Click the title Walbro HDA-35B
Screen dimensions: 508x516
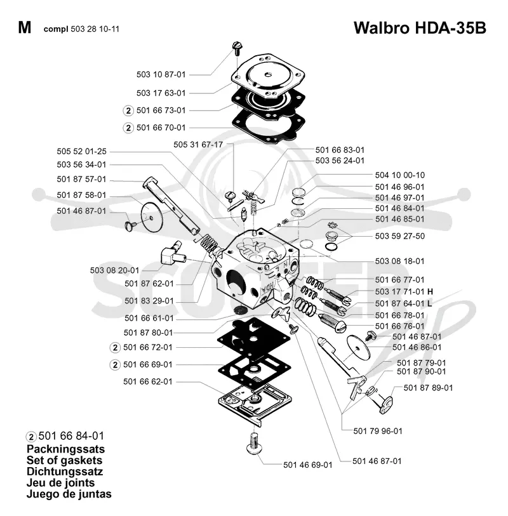coord(420,28)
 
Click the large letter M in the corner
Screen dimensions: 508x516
coord(25,28)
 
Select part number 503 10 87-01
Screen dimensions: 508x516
coord(161,74)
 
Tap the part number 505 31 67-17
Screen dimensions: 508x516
coord(198,145)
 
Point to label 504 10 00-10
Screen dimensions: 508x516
coord(399,175)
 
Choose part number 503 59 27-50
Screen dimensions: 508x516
coord(399,236)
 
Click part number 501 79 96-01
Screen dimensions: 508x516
coord(378,431)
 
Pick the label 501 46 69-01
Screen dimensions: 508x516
coord(308,465)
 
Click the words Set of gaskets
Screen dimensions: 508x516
coord(65,460)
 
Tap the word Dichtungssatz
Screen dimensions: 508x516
coord(65,471)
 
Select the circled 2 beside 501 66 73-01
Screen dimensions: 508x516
coord(128,110)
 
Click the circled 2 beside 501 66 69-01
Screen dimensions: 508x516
coord(115,365)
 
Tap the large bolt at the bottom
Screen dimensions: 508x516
coord(254,444)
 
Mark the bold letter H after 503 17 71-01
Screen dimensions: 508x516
coord(430,291)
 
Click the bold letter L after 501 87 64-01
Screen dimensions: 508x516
coord(429,303)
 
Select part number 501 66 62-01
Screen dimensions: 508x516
coord(148,381)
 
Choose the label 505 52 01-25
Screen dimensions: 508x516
coord(82,152)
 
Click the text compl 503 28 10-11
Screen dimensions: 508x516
coord(81,29)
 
